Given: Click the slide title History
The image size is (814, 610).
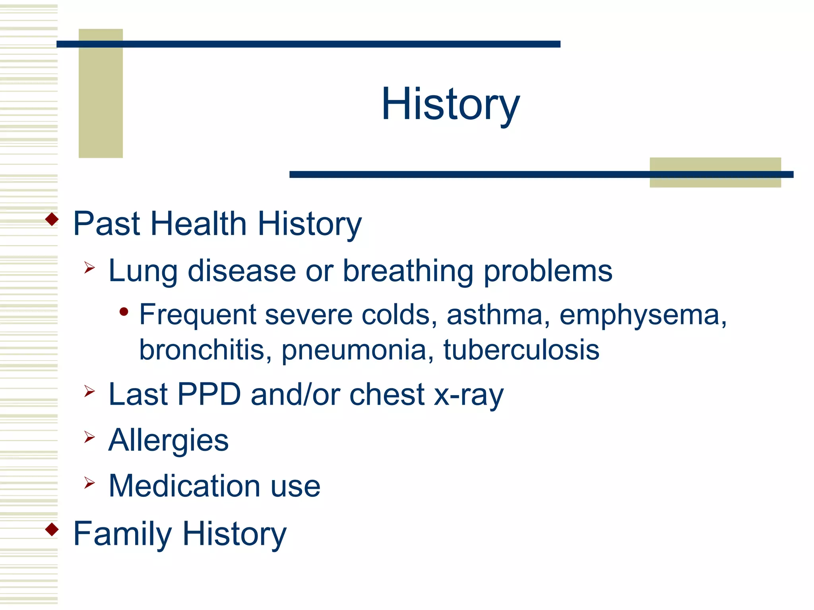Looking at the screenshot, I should coord(450,104).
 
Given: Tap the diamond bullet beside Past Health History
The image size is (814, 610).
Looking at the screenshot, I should coord(52,219).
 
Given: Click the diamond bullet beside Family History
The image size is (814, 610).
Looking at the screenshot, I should coord(52,529).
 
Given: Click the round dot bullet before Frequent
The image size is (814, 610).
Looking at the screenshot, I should coord(124,312).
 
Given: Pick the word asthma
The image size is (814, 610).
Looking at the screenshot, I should coord(494,315).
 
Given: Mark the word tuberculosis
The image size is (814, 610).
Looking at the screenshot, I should coord(521,350).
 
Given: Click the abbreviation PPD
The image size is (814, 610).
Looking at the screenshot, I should coord(209,394).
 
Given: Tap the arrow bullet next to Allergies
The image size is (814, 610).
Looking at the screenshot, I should coord(89,437).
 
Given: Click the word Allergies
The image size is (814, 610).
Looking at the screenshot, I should coord(169,441).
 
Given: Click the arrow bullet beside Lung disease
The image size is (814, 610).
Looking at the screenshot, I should coord(89,268).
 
